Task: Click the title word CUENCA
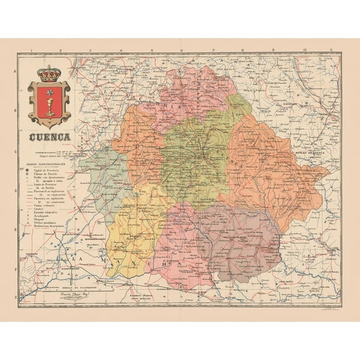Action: (x=49, y=136)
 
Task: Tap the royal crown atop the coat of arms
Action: (x=47, y=74)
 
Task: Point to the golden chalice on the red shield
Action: (x=48, y=102)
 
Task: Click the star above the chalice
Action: (x=48, y=91)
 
